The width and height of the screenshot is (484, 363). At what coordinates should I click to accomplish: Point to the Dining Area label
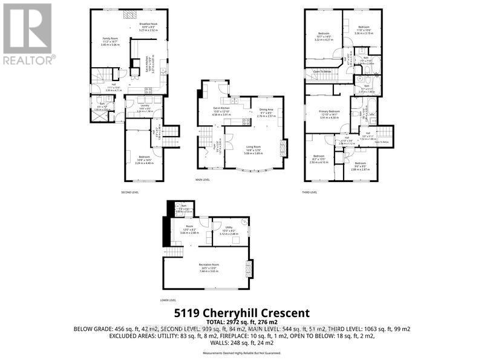tap(267, 109)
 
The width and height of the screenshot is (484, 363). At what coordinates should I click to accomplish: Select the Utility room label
tap(228, 228)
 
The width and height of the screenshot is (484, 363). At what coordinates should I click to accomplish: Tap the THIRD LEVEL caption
tap(310, 192)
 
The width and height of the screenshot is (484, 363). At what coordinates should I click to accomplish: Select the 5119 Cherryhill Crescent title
tap(242, 313)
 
